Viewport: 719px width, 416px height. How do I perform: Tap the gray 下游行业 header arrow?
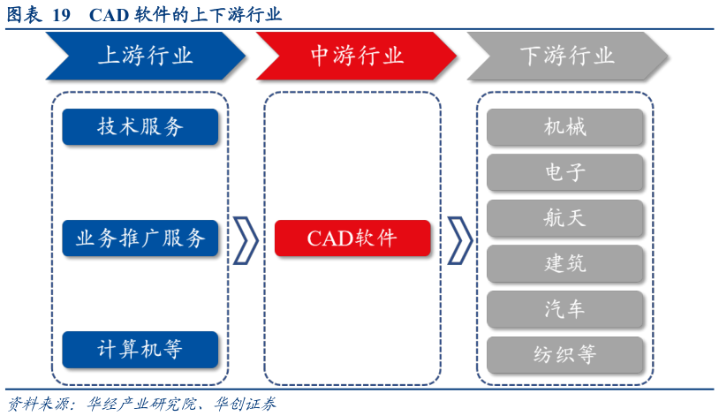pyautogui.click(x=566, y=57)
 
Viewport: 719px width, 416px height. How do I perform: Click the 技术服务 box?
pyautogui.click(x=140, y=127)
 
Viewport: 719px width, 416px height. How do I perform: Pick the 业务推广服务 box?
pyautogui.click(x=140, y=238)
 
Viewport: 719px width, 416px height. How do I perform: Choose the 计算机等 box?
pyautogui.click(x=140, y=350)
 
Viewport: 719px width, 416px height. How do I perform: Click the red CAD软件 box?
pyautogui.click(x=352, y=238)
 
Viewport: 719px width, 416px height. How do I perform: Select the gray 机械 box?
pyautogui.click(x=564, y=127)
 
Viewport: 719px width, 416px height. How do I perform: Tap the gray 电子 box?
pyautogui.click(x=564, y=172)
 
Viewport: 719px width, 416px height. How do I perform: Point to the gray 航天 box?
pyautogui.click(x=564, y=217)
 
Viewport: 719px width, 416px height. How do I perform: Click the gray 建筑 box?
pyautogui.click(x=564, y=263)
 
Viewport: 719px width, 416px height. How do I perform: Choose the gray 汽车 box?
pyautogui.click(x=564, y=308)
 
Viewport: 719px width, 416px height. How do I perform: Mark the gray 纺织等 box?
pyautogui.click(x=564, y=354)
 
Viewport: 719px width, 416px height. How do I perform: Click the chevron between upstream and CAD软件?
pyautogui.click(x=246, y=238)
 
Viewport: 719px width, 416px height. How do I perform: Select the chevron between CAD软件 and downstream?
pyautogui.click(x=459, y=238)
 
